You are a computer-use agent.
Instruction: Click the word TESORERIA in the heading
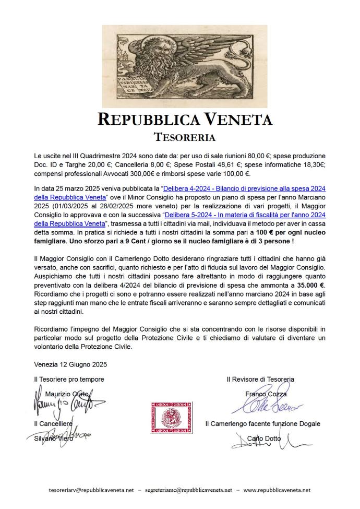[x=185, y=137]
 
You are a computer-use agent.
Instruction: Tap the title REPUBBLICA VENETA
[x=185, y=120]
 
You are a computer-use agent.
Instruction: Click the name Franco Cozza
[x=266, y=394]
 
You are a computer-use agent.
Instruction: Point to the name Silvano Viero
[x=51, y=439]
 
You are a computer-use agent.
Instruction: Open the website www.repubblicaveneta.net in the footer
[x=277, y=490]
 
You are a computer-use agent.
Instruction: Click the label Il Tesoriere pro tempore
[x=69, y=379]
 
